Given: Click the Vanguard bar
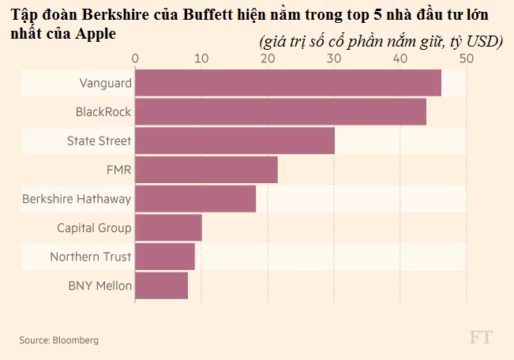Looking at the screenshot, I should coord(288,83).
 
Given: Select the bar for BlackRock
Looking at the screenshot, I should coord(280,112).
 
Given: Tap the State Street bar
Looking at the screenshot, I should coord(234,141).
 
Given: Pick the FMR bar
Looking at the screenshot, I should coord(206,170).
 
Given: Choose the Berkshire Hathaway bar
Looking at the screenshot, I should coord(195,199).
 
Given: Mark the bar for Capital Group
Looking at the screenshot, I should coord(168,228).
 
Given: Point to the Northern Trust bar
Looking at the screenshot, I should coord(165,257).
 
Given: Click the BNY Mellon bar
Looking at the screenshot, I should coord(161,285).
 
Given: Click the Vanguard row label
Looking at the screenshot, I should coord(105,83).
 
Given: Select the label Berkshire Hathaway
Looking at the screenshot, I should coord(77,199).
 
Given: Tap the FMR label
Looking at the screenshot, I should coord(118,170).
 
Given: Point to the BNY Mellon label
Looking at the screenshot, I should coord(99,285).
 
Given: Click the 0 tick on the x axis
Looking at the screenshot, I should coord(136,59).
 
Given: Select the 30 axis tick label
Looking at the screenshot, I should coord(334,59).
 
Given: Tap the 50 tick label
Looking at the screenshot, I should coord(466,59).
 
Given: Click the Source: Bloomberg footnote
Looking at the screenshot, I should coord(59,339).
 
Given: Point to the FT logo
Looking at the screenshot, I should coord(481,337).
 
